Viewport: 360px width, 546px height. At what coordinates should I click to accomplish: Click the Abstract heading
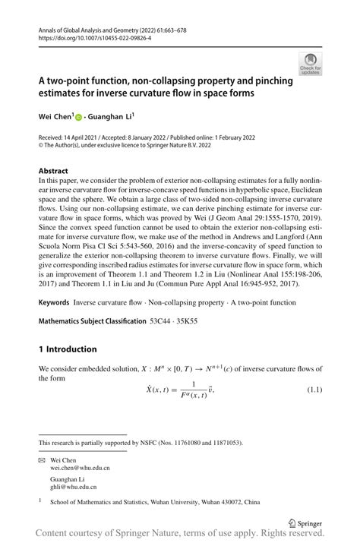tap(53, 171)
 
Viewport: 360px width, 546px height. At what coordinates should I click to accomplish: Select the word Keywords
tap(54, 302)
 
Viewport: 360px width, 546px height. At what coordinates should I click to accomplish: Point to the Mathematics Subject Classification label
tap(91, 321)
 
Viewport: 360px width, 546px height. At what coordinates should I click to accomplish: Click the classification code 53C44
tap(161, 321)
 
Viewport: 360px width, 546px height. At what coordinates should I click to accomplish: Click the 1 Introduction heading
tap(68, 349)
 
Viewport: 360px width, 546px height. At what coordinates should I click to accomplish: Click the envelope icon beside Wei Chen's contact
tap(42, 460)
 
